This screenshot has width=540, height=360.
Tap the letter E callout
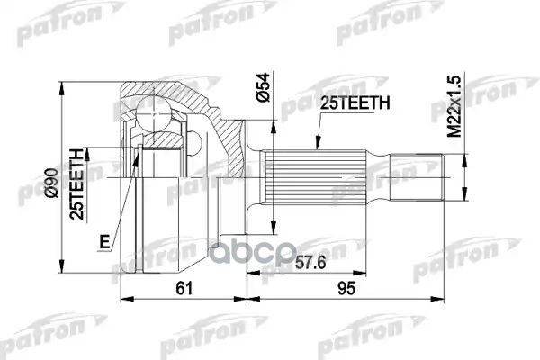105,242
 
